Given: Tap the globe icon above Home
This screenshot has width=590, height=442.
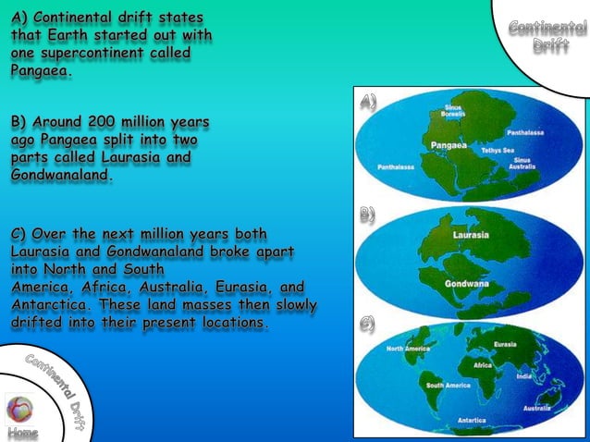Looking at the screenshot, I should point(19,408).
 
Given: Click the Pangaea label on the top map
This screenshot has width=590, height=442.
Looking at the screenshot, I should point(449,145).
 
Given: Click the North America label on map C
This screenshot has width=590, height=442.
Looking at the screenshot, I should point(409,349).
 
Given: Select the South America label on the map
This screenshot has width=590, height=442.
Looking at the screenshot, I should point(448,385).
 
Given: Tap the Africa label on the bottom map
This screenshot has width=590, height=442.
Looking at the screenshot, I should point(484,366).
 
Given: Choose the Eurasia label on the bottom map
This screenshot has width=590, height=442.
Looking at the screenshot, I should point(505,345).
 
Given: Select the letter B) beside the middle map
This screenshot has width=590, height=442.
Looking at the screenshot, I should point(367,215).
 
